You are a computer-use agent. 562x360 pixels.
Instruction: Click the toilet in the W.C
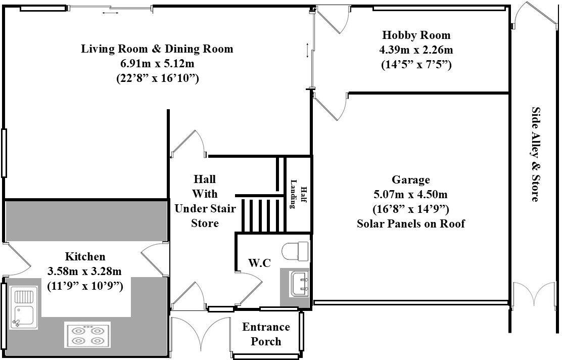tap(296, 250)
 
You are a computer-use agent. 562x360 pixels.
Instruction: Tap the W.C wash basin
tap(298, 283)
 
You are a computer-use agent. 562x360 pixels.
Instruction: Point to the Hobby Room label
tap(416, 35)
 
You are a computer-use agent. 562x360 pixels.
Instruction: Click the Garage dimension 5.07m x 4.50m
tap(410, 194)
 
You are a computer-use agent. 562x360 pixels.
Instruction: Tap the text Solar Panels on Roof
tap(410, 223)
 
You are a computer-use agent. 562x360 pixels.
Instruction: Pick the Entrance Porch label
tap(266, 334)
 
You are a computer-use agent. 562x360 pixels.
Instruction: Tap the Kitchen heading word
tap(85, 256)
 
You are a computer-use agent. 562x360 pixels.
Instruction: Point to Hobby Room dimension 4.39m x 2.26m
tap(416, 50)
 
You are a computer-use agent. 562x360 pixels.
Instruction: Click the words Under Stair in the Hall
tap(205, 208)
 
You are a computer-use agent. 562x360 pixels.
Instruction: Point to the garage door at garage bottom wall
tap(410, 303)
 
